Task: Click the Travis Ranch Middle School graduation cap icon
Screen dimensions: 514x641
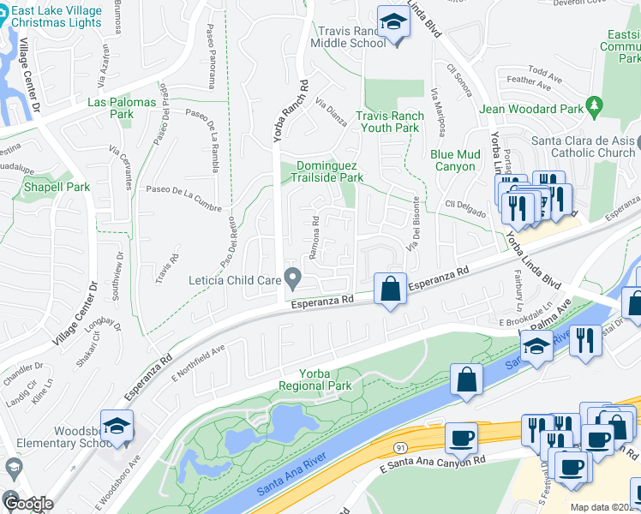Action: pos(393,22)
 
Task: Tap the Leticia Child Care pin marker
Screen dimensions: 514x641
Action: pos(293,278)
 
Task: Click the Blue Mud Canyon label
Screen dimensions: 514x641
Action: pos(452,160)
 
